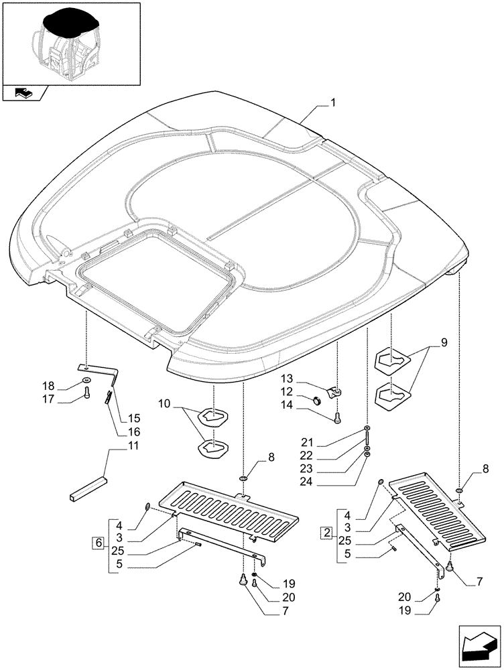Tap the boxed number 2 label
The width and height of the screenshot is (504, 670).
tap(326, 533)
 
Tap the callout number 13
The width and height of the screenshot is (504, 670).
tap(306, 379)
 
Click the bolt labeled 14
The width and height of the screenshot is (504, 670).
tap(336, 418)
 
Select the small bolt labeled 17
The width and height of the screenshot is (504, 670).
tap(86, 397)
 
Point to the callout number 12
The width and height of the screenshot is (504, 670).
tap(306, 391)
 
